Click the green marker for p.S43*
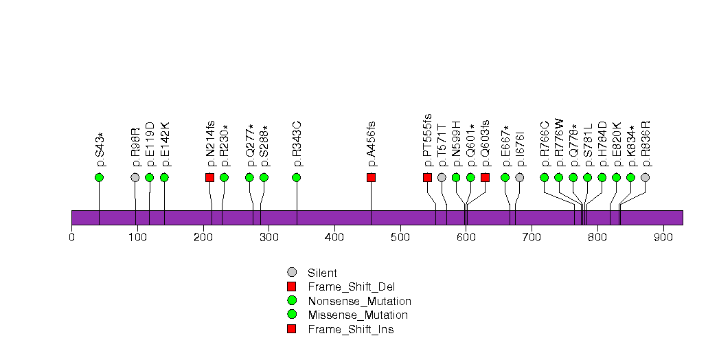(99, 177)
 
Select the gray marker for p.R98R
(135, 177)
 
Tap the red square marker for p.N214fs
(210, 177)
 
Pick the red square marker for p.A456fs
(372, 177)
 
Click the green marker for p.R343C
(297, 177)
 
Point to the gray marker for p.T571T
(442, 177)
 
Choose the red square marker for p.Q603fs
(485, 177)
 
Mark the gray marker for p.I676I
(520, 177)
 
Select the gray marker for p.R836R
(645, 177)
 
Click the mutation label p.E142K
(165, 144)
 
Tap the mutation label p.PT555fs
(428, 140)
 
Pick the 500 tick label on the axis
(400, 238)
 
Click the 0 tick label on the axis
(71, 238)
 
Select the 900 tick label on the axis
(663, 238)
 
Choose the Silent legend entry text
(322, 273)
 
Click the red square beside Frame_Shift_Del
(292, 286)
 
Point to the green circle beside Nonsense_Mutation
(292, 301)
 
